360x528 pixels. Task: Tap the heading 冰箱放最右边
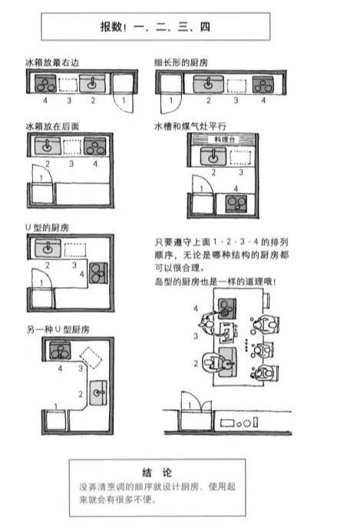click(51, 61)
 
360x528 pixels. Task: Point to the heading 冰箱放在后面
click(51, 124)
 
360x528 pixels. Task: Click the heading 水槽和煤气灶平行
click(189, 124)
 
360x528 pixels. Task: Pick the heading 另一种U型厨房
click(57, 329)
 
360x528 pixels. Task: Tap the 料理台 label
click(223, 139)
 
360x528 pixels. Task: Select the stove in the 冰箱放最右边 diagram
click(45, 84)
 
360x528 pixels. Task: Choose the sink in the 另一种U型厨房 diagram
click(97, 391)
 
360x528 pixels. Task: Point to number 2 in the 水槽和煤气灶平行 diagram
click(211, 173)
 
